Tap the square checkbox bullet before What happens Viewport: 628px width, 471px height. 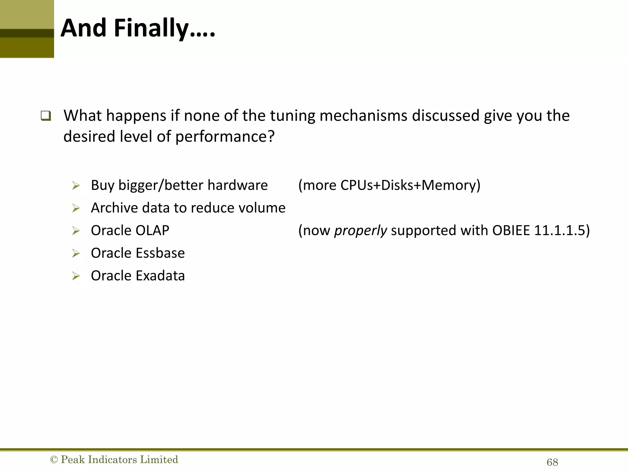tap(46, 116)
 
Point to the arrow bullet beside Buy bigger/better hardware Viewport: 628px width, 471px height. tap(76, 186)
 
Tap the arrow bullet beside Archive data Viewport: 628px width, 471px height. tap(76, 208)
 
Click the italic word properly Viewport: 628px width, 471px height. tap(360, 231)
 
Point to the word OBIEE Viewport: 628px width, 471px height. tap(511, 230)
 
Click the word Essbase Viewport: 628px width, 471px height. tap(160, 253)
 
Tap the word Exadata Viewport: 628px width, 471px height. tap(160, 276)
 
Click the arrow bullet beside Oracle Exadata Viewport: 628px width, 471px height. tap(76, 276)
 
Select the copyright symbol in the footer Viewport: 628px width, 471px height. tap(54, 460)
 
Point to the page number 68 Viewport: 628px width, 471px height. tap(552, 462)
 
